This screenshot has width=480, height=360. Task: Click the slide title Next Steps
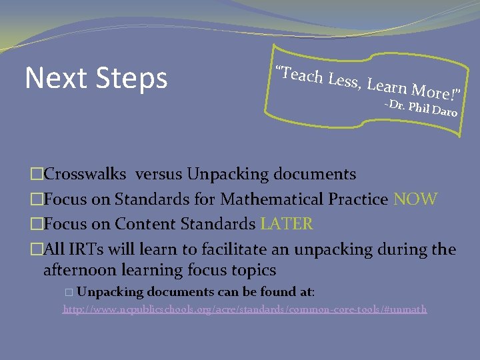96,78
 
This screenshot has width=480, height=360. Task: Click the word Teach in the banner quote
301,75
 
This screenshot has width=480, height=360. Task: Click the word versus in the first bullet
159,175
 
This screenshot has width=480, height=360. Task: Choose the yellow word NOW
415,199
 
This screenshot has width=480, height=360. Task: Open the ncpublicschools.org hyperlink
245,309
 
